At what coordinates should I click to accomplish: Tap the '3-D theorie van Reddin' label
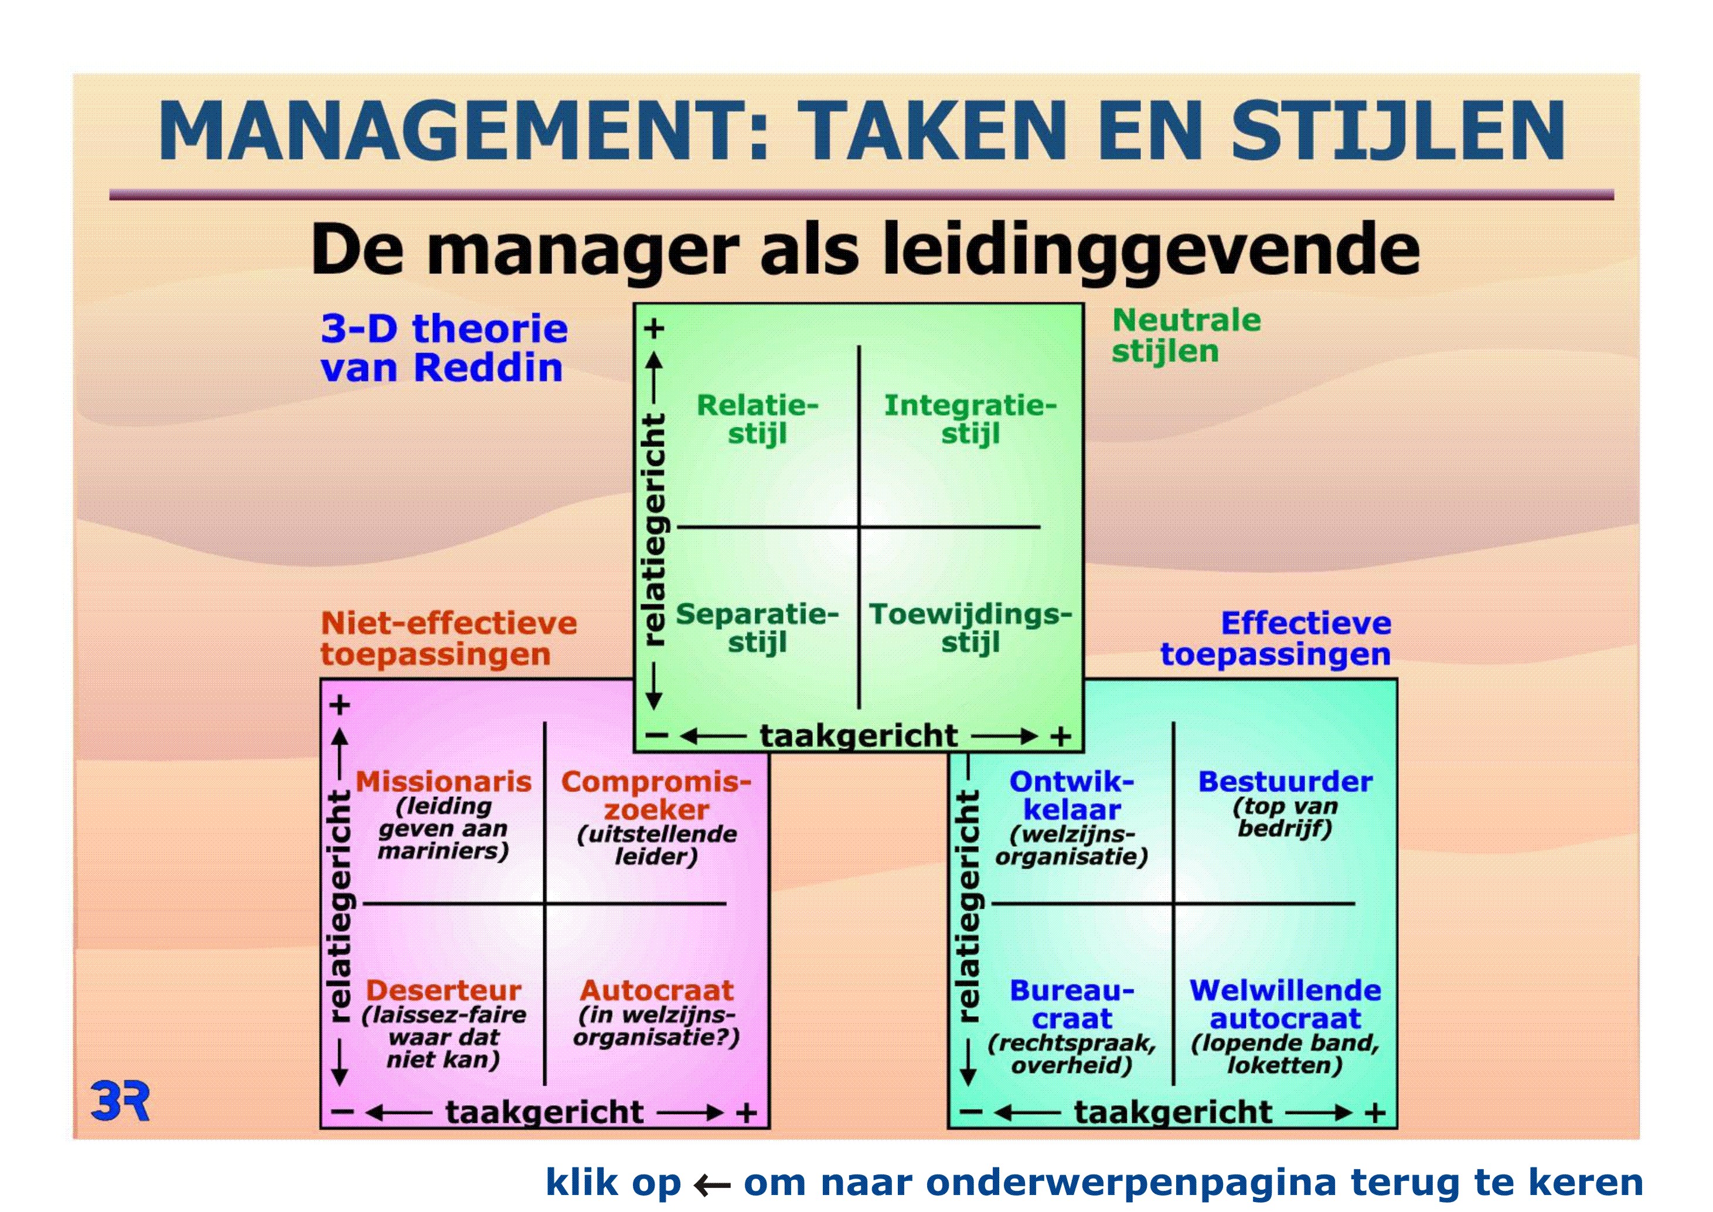(444, 348)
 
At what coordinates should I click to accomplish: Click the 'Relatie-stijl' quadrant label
(757, 419)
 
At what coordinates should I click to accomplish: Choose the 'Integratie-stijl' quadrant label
(970, 419)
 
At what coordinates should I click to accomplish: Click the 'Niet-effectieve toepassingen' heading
(448, 639)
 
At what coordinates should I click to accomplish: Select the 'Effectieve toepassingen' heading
(1276, 639)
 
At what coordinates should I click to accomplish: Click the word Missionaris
(443, 782)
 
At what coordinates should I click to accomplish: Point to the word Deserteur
(443, 990)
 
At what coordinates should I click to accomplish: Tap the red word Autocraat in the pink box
(656, 990)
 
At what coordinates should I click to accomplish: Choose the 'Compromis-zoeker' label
(656, 796)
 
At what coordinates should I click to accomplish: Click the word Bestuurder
(1285, 782)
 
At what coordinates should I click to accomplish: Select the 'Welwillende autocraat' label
(1285, 1004)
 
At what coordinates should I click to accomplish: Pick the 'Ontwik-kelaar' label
(1071, 796)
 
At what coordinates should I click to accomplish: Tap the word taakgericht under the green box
(858, 736)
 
